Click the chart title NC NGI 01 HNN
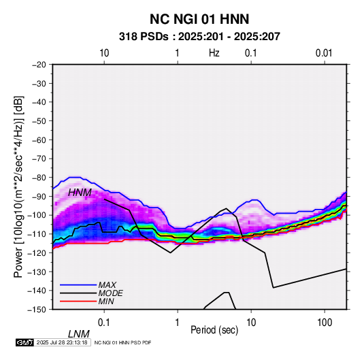pos(199,19)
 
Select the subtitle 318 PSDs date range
pos(199,37)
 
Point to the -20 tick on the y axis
pos(39,65)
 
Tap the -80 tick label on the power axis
pos(39,178)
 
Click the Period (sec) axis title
pos(214,330)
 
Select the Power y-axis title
pos(18,187)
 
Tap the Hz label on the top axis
pos(214,53)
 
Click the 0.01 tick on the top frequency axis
pos(324,53)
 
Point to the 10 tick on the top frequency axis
pos(104,53)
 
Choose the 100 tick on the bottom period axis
pos(325,323)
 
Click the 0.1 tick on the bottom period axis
pos(104,323)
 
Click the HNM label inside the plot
pos(80,193)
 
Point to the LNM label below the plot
pos(79,334)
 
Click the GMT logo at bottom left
pos(24,342)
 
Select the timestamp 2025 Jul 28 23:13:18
pos(62,342)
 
